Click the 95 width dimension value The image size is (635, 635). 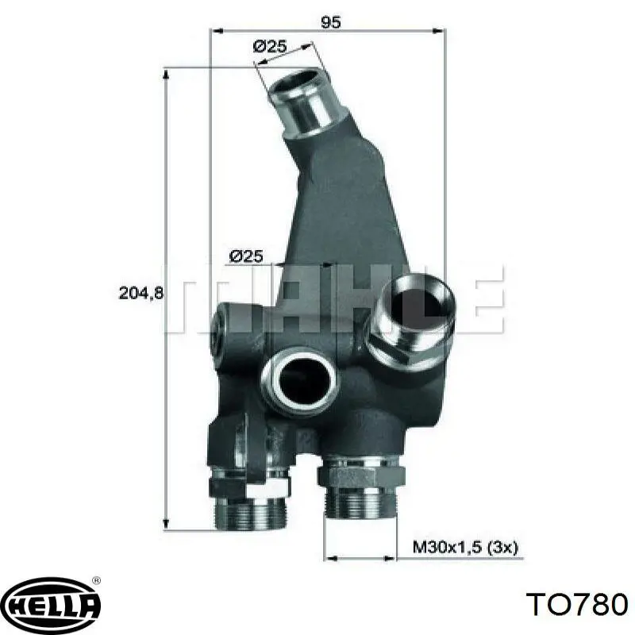[331, 22]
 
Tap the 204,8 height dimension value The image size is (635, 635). [141, 293]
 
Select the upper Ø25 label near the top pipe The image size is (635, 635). [270, 46]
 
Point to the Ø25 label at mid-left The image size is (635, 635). [247, 256]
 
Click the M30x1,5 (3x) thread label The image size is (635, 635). [465, 548]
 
